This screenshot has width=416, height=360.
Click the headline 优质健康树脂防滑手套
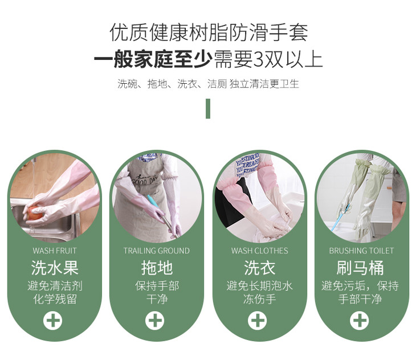click(x=209, y=32)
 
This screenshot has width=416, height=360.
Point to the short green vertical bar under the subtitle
click(x=208, y=109)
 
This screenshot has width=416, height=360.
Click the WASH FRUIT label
click(x=55, y=251)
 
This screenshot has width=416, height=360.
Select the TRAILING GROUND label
click(x=157, y=251)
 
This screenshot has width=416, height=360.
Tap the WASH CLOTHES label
click(x=259, y=251)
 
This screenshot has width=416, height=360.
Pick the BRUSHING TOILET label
click(x=361, y=251)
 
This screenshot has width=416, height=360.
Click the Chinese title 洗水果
click(x=55, y=268)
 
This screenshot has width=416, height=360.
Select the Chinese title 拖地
click(x=157, y=268)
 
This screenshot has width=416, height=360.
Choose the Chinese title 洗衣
click(x=259, y=268)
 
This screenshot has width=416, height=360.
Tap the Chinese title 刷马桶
click(x=360, y=268)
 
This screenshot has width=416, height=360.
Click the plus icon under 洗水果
click(x=53, y=321)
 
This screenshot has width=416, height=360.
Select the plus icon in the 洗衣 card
click(x=258, y=321)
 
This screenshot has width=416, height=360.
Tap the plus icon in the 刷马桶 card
click(x=359, y=321)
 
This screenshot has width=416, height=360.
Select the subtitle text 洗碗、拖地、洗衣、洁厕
click(x=172, y=84)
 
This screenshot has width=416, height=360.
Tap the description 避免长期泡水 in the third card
click(x=259, y=286)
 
